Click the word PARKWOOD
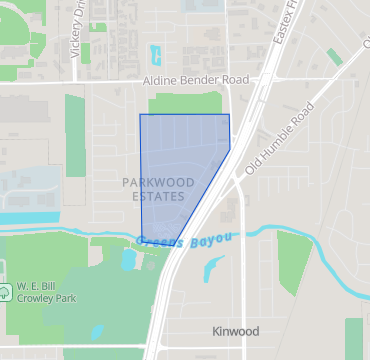pyautogui.click(x=157, y=182)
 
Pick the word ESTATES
pyautogui.click(x=157, y=197)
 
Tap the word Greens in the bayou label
pyautogui.click(x=160, y=241)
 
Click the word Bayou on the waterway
pyautogui.click(x=211, y=237)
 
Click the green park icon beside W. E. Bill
pyautogui.click(x=7, y=292)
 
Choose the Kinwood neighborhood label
pyautogui.click(x=236, y=331)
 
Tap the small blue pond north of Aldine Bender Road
pyautogui.click(x=154, y=54)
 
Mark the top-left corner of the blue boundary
pyautogui.click(x=140, y=115)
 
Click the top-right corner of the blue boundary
pyautogui.click(x=229, y=115)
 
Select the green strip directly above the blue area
pyautogui.click(x=185, y=103)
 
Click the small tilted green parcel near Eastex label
pyautogui.click(x=334, y=57)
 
